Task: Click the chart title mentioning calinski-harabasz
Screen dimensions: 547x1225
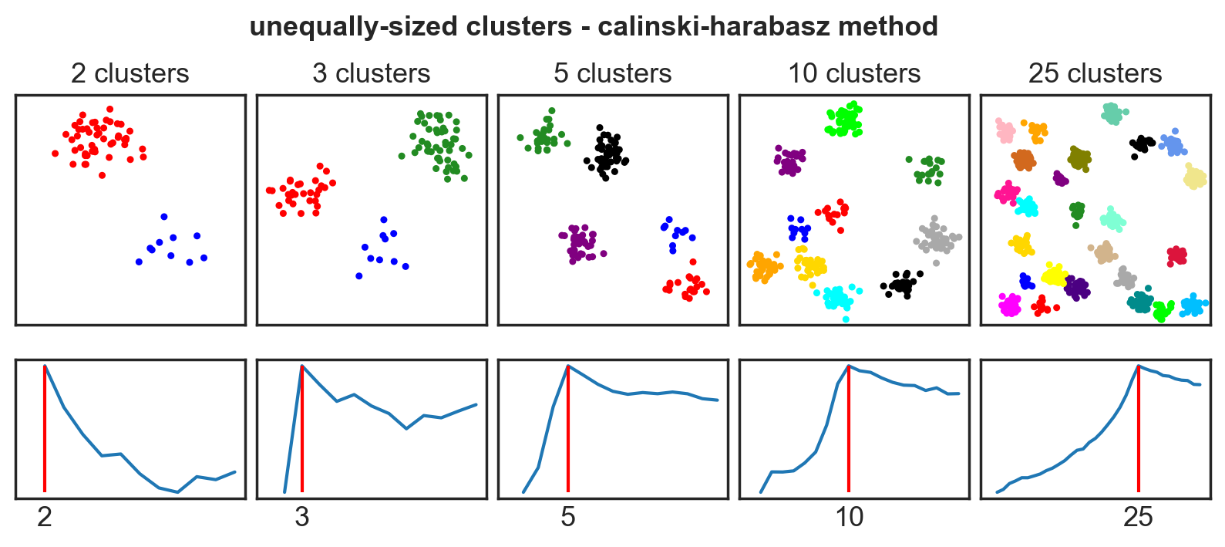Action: point(594,26)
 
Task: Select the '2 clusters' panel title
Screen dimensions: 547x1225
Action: point(130,73)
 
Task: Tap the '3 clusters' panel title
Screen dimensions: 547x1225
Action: point(371,73)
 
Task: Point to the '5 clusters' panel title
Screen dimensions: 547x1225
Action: point(612,73)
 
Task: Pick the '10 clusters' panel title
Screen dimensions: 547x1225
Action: point(853,73)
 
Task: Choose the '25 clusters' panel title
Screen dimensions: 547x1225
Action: point(1095,73)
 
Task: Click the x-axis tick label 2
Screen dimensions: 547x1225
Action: point(45,517)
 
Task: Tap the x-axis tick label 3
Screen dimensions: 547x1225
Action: point(301,517)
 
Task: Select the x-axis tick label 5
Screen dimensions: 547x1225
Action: point(568,517)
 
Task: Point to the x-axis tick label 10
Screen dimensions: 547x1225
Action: point(849,517)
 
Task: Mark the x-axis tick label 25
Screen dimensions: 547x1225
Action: point(1139,517)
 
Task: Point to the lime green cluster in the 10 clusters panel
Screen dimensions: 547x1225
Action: point(845,120)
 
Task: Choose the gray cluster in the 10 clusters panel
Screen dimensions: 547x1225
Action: point(936,238)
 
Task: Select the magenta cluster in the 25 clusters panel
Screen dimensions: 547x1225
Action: point(1010,306)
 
